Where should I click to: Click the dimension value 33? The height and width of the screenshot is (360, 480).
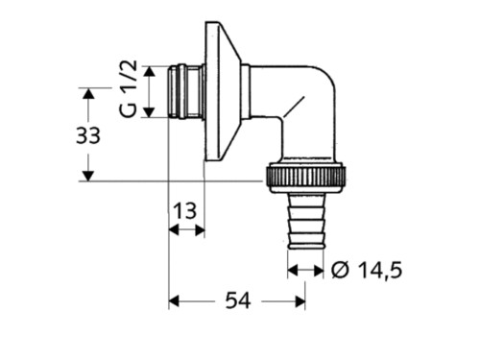click(88, 135)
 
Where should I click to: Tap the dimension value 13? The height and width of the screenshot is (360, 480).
click(184, 211)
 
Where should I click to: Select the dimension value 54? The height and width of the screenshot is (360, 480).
click(238, 300)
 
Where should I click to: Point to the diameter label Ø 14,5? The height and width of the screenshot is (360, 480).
click(367, 271)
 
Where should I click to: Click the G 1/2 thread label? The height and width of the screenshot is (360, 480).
click(129, 88)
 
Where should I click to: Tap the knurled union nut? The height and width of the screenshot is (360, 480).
click(306, 178)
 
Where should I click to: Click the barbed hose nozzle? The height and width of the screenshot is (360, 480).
click(306, 221)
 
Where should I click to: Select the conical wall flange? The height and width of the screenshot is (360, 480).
click(223, 91)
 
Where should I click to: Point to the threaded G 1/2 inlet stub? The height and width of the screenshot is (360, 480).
click(186, 91)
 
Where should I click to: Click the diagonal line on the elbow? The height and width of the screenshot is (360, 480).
click(293, 107)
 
